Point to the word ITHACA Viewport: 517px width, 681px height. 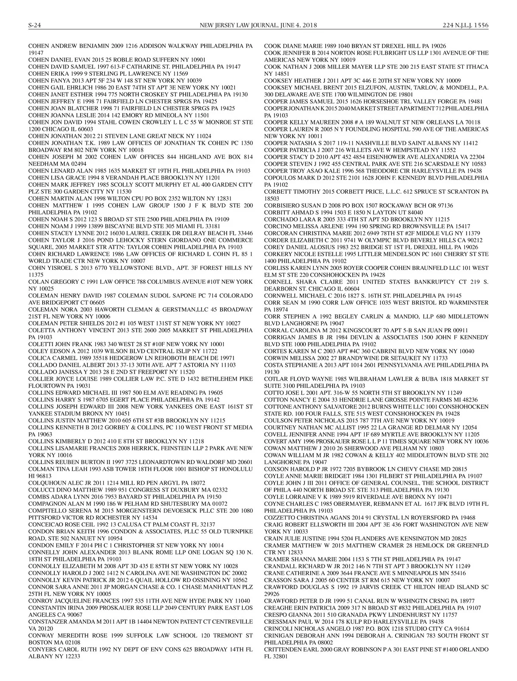coord(477,67)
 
